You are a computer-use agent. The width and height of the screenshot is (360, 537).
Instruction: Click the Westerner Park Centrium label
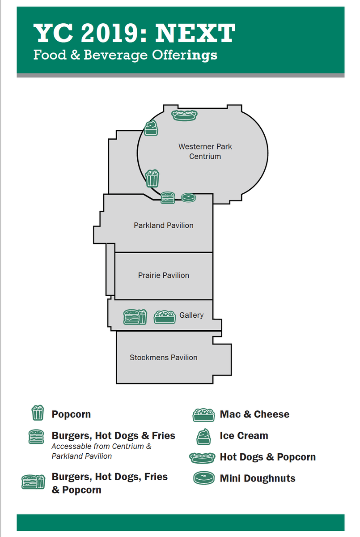[205, 151]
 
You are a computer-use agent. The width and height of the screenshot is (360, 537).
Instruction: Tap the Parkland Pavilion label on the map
[164, 226]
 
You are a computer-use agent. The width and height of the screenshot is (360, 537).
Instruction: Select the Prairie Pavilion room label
[164, 275]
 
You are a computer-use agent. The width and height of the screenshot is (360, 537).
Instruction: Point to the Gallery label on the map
[191, 315]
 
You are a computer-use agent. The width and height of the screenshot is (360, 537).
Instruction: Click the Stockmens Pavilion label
[164, 358]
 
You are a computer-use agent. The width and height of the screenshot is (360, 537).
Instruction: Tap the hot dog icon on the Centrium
[185, 115]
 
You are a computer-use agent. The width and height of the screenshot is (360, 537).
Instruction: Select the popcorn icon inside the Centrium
[152, 178]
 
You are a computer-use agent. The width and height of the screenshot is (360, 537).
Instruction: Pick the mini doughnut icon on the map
[188, 197]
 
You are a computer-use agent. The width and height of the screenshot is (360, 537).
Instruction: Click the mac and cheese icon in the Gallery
[165, 316]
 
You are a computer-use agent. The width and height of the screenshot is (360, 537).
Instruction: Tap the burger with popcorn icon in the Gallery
[135, 316]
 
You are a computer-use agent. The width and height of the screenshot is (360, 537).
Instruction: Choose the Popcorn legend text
[71, 414]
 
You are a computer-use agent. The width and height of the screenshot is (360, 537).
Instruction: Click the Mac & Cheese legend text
[254, 414]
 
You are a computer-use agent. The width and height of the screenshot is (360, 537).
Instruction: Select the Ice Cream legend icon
[203, 436]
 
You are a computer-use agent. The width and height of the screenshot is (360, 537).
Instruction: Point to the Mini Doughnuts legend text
[258, 478]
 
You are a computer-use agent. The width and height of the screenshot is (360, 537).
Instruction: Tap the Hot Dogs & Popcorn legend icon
[203, 457]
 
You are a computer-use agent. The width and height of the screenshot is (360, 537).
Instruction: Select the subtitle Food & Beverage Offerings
[125, 55]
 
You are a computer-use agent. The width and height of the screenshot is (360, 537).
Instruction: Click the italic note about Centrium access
[101, 451]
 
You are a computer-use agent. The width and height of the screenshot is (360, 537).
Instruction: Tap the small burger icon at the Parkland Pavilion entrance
[168, 198]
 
